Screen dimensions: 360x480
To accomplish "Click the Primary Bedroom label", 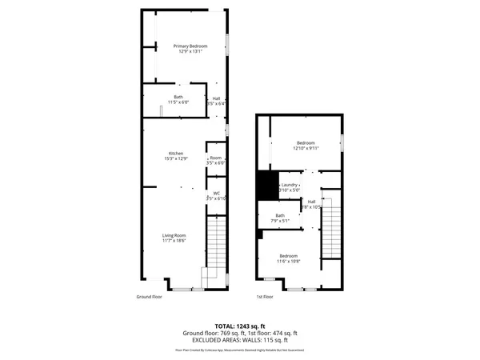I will [x=190, y=46].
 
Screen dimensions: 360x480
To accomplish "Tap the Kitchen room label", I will [x=175, y=153].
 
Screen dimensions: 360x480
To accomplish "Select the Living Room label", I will [x=174, y=234].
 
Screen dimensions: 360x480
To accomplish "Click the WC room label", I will [x=216, y=193].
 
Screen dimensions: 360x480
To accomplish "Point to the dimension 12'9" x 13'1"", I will [x=190, y=52].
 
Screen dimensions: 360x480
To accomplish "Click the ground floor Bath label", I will [x=178, y=97].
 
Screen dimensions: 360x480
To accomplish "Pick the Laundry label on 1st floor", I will [x=290, y=185].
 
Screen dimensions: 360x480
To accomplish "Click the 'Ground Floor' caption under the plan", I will [x=150, y=296].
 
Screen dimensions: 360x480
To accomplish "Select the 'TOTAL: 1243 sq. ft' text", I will [x=239, y=326].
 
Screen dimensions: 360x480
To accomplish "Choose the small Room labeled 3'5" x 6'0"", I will [x=216, y=160].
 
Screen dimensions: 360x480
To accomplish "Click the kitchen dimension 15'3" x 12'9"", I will [x=175, y=158].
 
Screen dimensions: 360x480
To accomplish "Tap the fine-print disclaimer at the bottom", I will [x=239, y=350].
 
